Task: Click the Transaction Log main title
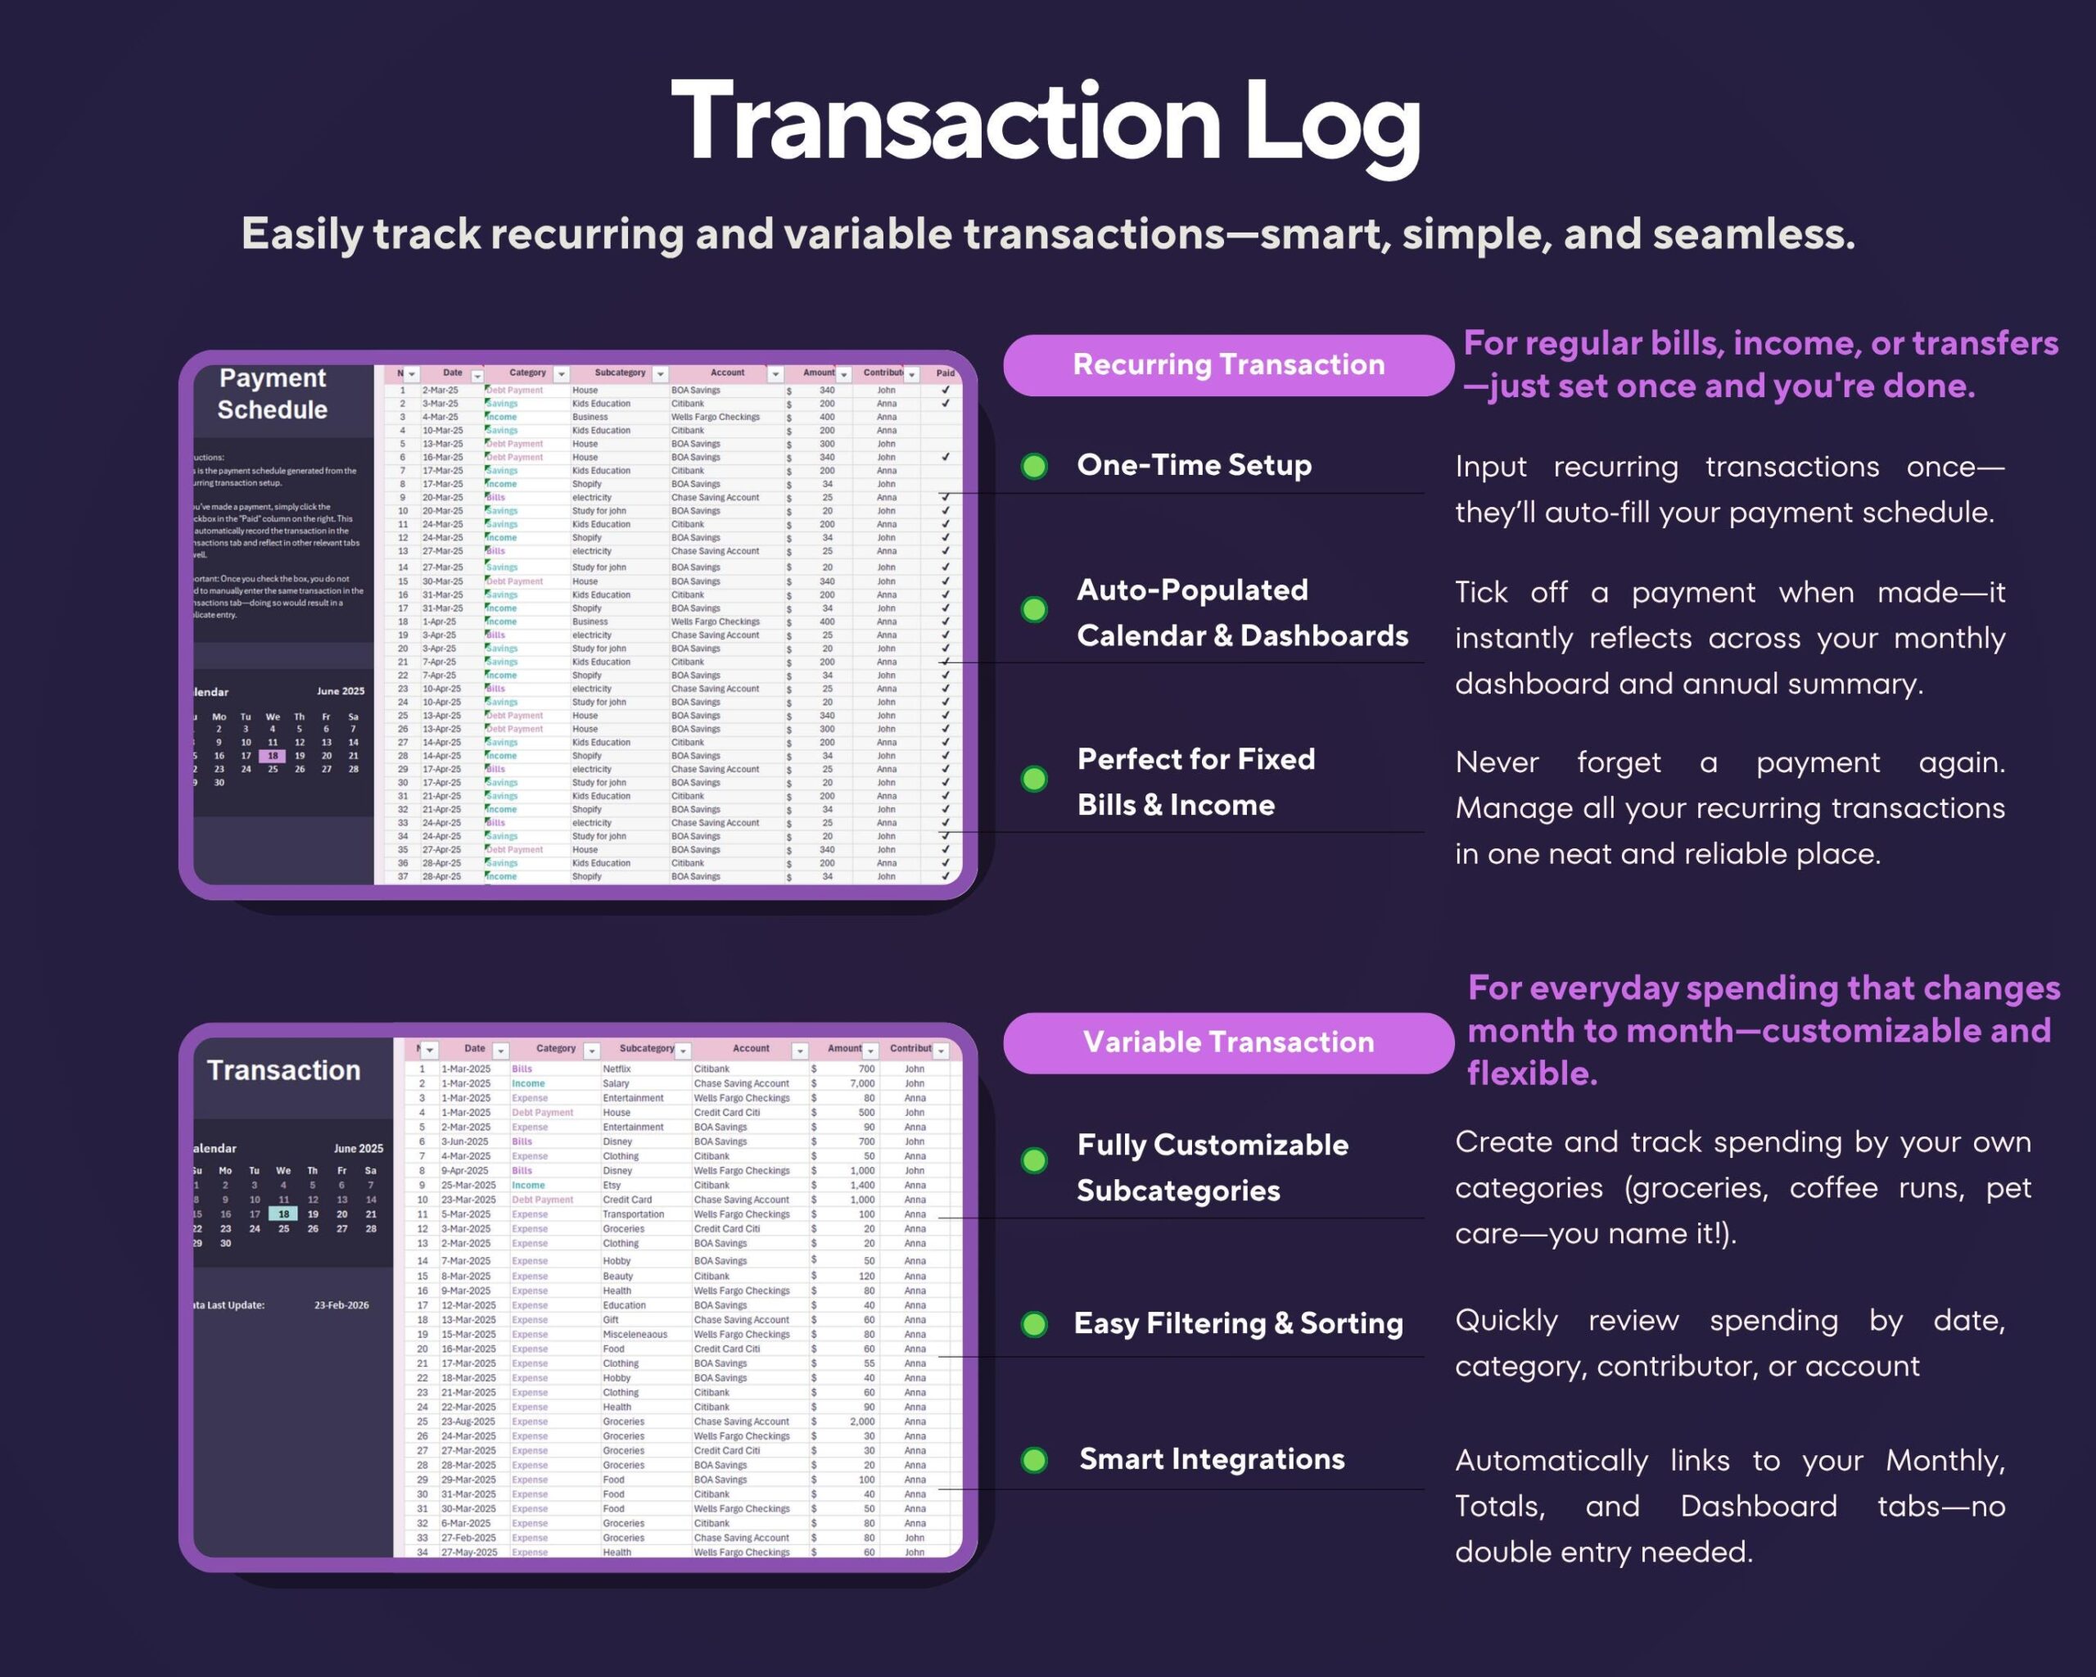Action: [1046, 121]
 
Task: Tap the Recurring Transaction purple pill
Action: [1228, 364]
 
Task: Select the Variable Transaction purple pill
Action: [1228, 1042]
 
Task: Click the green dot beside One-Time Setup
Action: [1034, 466]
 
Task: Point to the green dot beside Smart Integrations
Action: [1034, 1459]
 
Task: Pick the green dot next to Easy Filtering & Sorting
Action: [1034, 1324]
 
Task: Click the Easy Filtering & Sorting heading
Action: [1238, 1323]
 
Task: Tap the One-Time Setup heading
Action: [1194, 465]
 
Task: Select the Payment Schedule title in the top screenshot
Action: [272, 394]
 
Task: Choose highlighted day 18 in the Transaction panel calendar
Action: [283, 1214]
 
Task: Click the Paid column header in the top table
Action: [945, 373]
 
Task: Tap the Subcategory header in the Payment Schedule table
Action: [619, 373]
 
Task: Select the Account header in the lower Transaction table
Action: [751, 1049]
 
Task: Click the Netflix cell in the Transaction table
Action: [617, 1069]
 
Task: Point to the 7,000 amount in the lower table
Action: [862, 1083]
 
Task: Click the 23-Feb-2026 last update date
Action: [341, 1305]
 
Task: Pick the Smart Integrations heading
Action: [1211, 1459]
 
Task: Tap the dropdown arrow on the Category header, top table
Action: [561, 374]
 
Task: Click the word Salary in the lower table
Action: [616, 1083]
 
